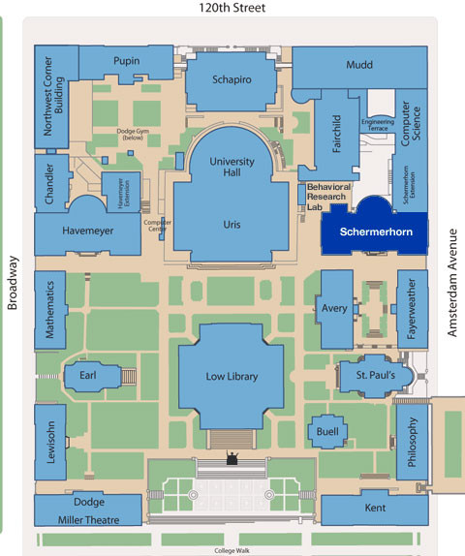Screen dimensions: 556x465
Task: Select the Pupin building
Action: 126,61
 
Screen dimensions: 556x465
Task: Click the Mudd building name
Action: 358,65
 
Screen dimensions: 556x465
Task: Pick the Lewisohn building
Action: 50,442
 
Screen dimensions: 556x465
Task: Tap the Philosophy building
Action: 412,442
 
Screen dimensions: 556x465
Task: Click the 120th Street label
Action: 232,8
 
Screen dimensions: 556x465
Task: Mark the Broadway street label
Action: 13,282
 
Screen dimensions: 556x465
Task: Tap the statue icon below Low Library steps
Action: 232,458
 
